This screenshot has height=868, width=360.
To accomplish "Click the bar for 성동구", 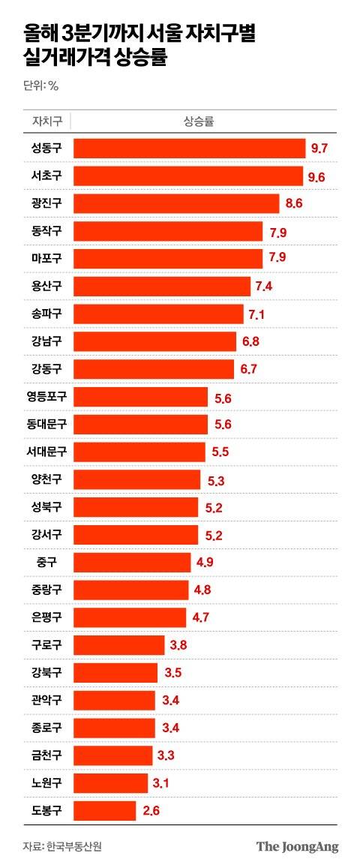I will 189,148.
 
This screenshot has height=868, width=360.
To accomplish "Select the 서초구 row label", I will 46,176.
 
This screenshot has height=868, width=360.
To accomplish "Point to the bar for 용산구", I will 162,287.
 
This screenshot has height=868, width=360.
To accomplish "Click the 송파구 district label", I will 46,314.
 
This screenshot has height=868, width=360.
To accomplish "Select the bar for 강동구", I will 154,369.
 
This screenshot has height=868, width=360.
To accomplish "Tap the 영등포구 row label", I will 46,397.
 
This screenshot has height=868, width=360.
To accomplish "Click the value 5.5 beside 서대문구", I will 221,452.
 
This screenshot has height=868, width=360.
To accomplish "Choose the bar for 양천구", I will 137,479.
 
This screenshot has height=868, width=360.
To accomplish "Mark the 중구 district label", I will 46,562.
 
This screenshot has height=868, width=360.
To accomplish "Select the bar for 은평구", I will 130,617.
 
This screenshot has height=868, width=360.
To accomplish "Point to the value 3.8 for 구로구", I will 178,645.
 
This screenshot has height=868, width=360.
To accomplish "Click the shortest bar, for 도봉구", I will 105,810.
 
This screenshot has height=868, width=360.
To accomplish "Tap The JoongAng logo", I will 297,846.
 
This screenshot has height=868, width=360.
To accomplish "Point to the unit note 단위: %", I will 40,85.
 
